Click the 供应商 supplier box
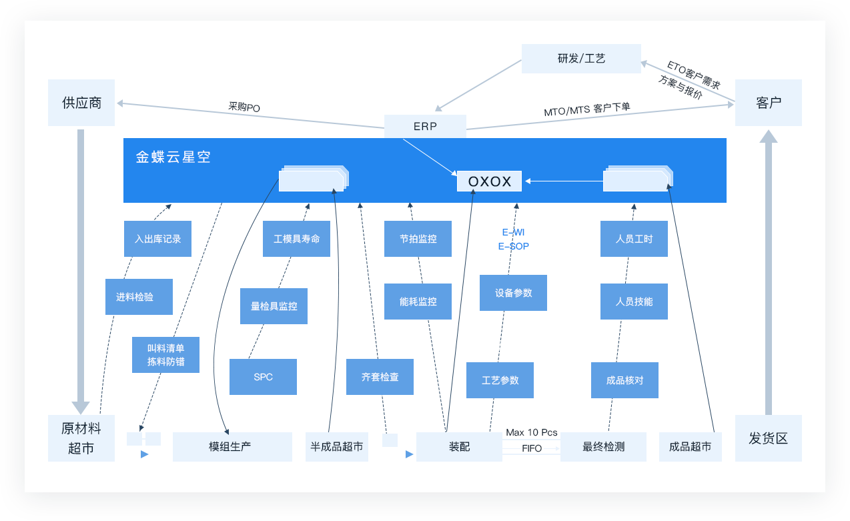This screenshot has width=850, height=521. click(x=81, y=103)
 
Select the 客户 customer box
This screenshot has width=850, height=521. click(x=768, y=103)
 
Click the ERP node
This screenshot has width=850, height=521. click(x=425, y=126)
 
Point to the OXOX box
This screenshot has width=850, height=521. click(x=489, y=181)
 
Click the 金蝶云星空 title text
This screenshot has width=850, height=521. click(x=173, y=157)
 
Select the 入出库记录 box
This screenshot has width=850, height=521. click(x=157, y=239)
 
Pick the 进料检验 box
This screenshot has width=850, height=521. click(x=139, y=297)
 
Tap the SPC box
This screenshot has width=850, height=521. click(x=263, y=377)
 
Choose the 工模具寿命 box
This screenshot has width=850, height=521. click(x=296, y=239)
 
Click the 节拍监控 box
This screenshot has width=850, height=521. click(x=418, y=239)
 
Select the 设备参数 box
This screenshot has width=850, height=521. click(x=513, y=293)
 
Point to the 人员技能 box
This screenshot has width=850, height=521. click(x=634, y=302)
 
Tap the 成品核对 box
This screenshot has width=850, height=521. click(x=624, y=380)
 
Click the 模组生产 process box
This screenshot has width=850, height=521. click(x=232, y=447)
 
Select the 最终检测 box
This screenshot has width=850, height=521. click(x=603, y=447)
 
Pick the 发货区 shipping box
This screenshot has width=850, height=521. click(x=768, y=438)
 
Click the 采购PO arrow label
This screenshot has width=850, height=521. click(x=244, y=107)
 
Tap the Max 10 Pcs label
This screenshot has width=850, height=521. click(x=531, y=432)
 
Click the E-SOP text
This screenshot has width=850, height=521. click(x=513, y=246)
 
